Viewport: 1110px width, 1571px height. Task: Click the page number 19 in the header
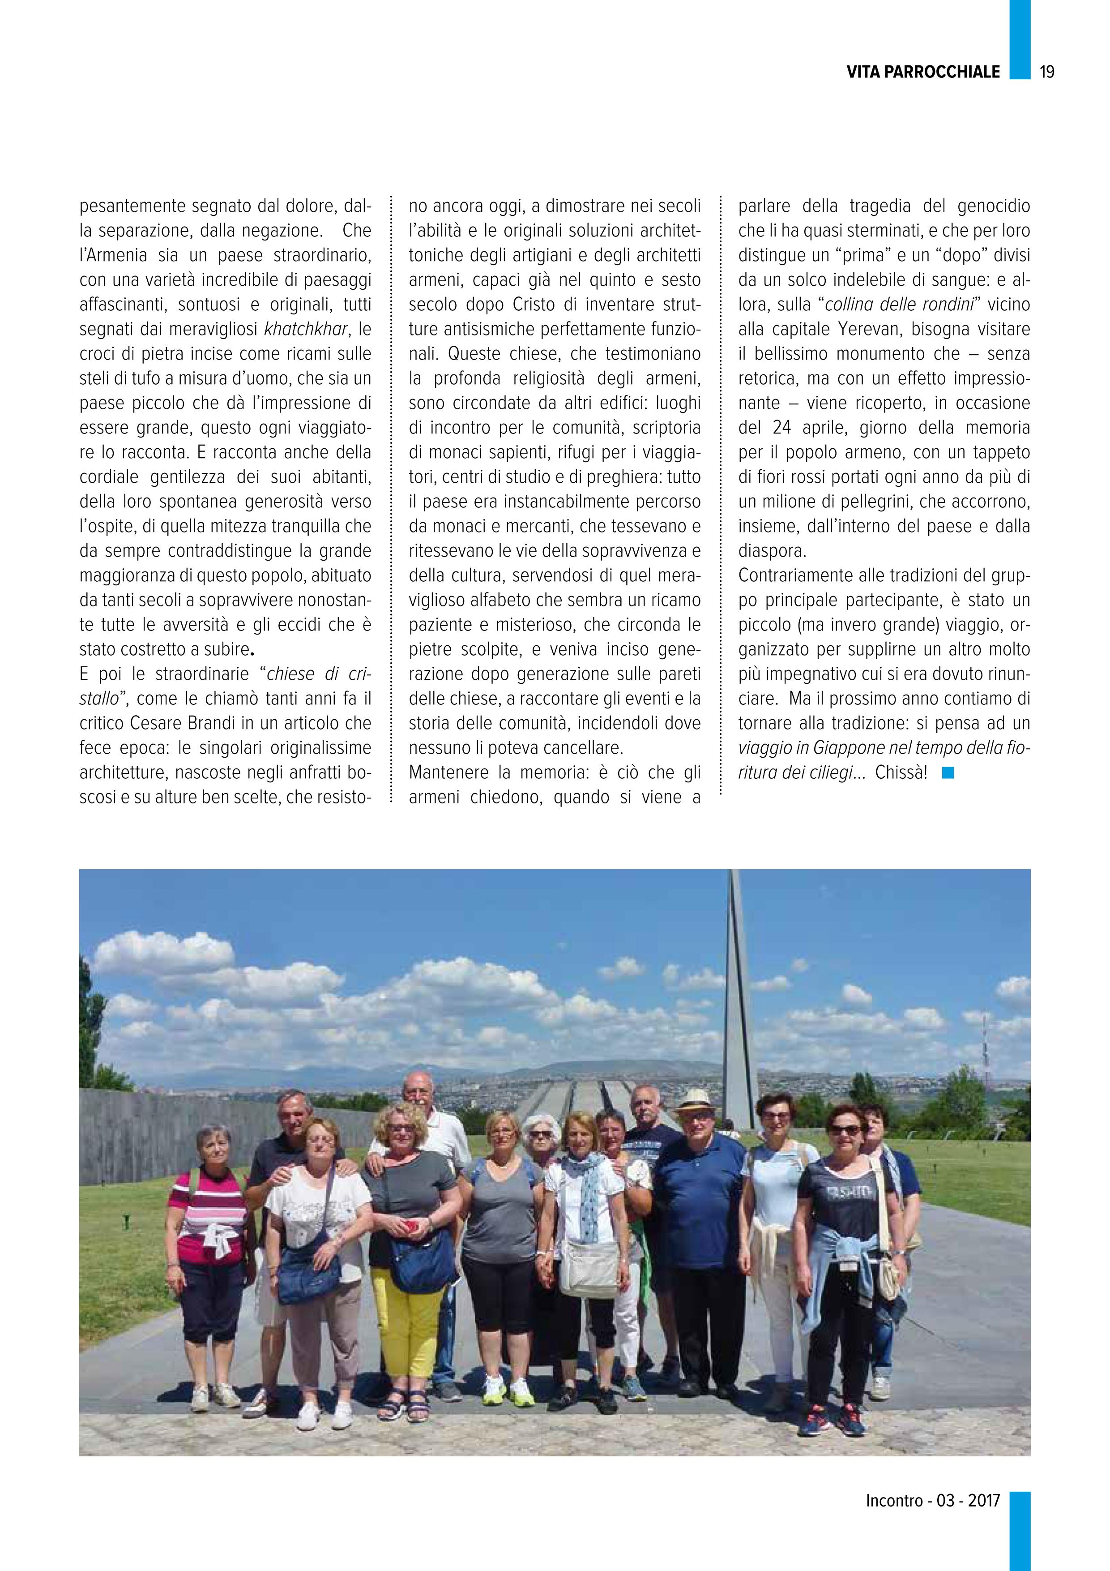coord(1047,72)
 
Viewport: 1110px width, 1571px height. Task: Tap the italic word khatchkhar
coord(307,329)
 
